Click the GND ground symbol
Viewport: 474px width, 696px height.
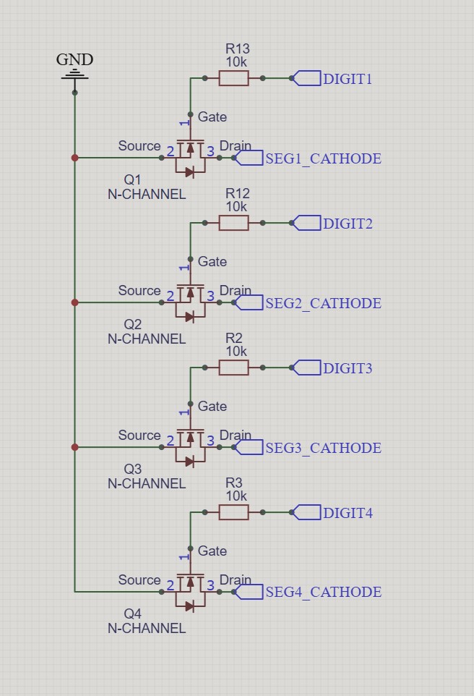pos(74,75)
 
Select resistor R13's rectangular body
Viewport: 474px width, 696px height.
pos(233,78)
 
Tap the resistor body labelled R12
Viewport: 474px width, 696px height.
pos(233,223)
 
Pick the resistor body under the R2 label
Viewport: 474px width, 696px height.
pos(233,368)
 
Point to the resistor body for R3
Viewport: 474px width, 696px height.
pos(233,512)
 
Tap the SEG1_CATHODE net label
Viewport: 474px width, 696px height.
pos(322,158)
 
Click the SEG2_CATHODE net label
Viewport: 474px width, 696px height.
pos(322,303)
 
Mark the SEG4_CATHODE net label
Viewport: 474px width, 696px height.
pos(322,592)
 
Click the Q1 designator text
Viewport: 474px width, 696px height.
pos(133,179)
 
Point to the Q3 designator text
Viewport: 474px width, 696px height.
pos(133,469)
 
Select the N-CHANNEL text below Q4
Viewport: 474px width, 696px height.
pos(147,628)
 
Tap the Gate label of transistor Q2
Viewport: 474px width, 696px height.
pos(212,261)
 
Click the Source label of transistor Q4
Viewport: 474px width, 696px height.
pos(139,580)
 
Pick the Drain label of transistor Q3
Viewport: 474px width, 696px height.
pos(235,435)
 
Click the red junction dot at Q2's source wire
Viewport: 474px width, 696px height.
pos(74,302)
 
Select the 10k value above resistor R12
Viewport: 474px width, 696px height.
pos(236,206)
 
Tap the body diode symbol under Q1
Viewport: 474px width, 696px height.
pos(189,172)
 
